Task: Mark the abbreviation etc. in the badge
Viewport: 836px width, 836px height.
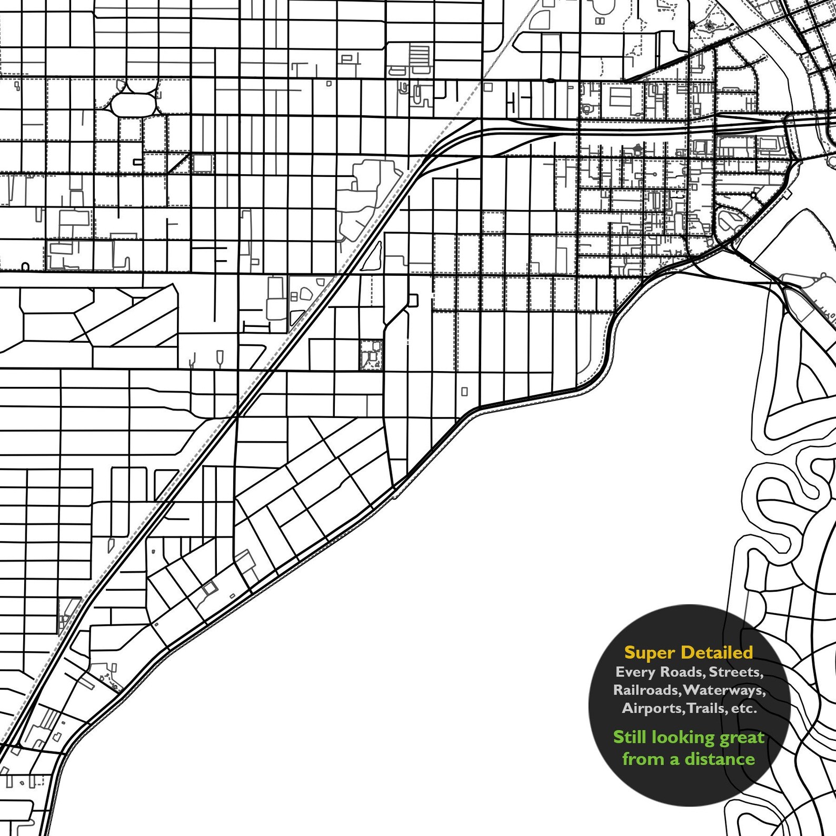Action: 744,709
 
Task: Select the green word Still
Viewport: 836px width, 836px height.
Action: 630,737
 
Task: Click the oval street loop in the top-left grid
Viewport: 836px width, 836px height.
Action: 134,104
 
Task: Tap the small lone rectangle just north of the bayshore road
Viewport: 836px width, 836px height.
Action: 464,392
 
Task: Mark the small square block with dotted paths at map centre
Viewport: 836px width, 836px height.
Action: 372,354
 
